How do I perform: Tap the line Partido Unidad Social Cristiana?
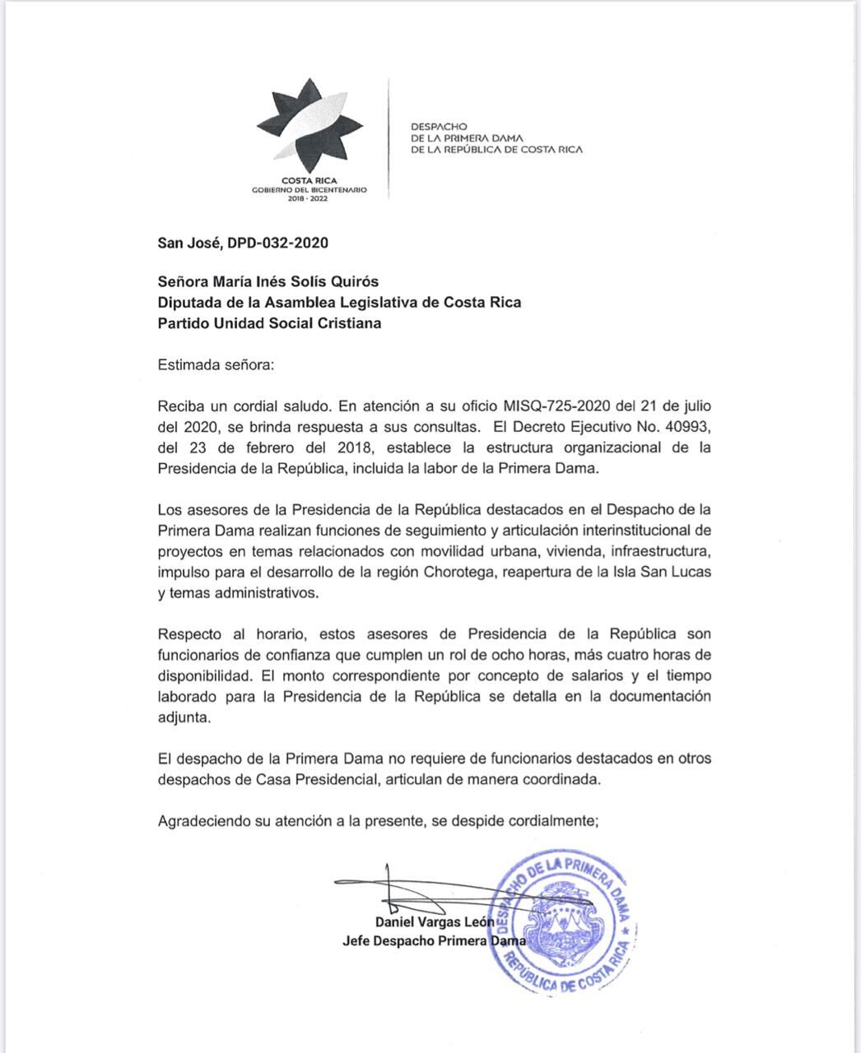click(269, 323)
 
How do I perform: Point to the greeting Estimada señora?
click(216, 364)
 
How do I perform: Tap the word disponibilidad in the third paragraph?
click(204, 675)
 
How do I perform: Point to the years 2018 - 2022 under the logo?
click(309, 198)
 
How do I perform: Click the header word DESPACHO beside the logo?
click(439, 127)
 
